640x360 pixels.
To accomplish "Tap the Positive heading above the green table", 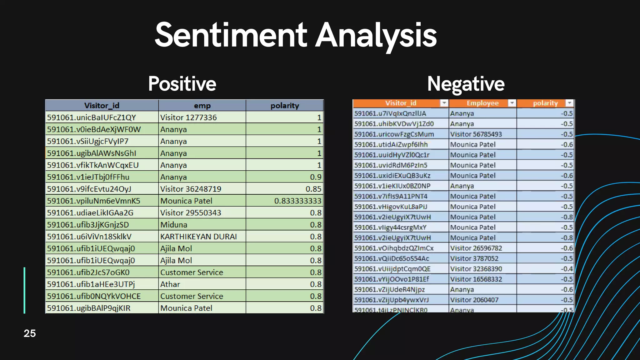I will point(182,84).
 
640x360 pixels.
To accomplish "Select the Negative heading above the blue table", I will point(466,84).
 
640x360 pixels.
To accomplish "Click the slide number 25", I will point(30,333).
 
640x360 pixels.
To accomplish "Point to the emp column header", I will point(202,106).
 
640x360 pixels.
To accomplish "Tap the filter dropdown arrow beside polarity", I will point(569,103).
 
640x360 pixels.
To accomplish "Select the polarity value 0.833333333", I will point(297,201).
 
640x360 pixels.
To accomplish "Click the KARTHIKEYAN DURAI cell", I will point(198,237).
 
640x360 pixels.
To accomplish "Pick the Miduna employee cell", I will point(174,225).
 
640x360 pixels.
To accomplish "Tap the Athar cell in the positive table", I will point(170,284).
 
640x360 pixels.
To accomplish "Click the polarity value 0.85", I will point(313,189).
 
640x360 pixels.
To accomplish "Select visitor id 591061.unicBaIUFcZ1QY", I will point(92,117).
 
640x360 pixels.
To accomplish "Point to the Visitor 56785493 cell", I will point(476,134).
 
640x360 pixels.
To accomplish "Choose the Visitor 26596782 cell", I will point(476,248).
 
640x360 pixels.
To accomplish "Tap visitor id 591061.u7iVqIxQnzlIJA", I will point(390,113).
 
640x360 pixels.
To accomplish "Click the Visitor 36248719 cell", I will point(191,189).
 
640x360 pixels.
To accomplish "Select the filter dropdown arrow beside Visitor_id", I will point(444,103).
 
